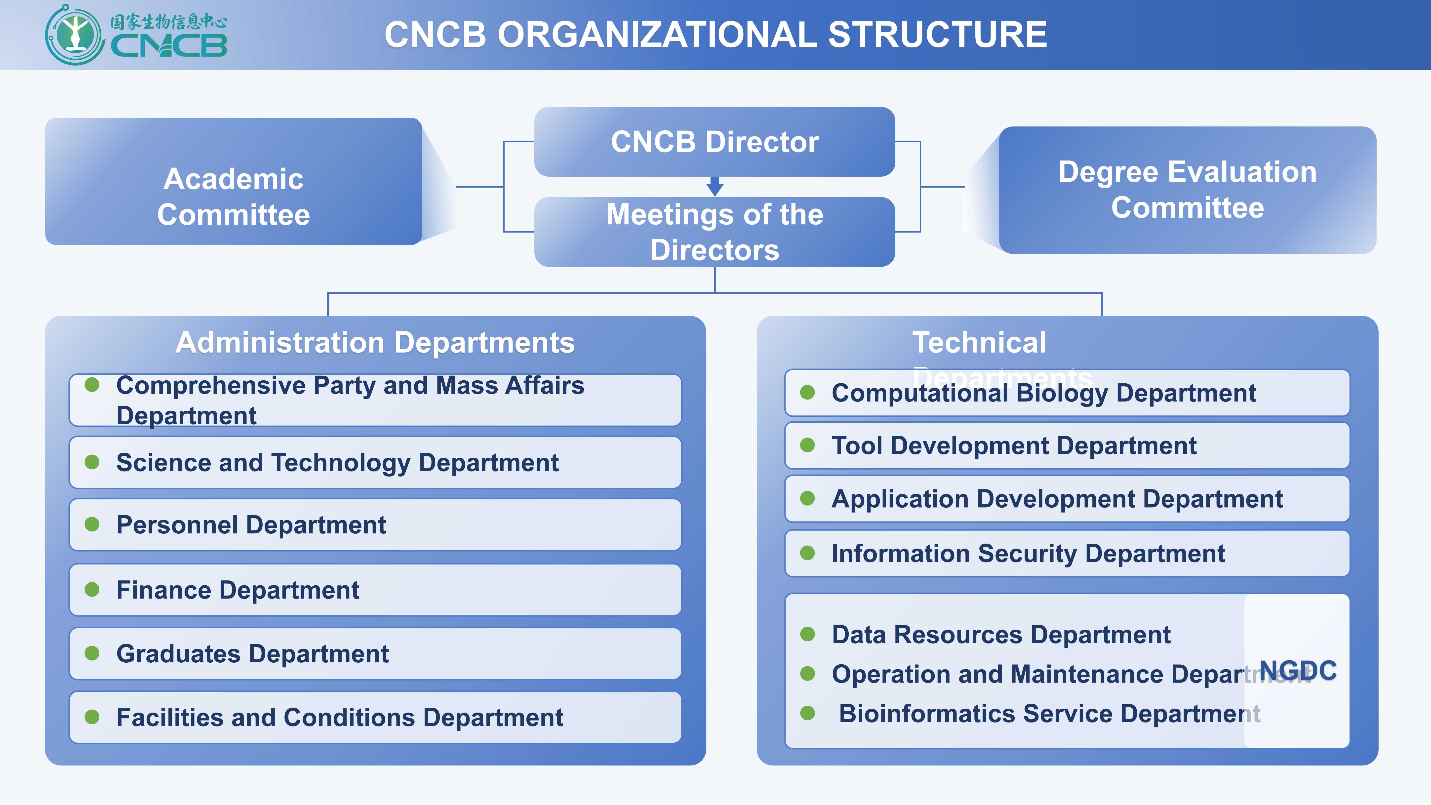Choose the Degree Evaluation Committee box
click(x=1187, y=190)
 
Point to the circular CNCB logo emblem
click(x=75, y=35)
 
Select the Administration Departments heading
click(x=375, y=342)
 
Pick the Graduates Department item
click(x=252, y=654)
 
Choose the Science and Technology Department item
click(x=337, y=463)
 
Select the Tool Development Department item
click(x=1014, y=445)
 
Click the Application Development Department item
click(x=1057, y=499)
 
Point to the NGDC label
click(x=1298, y=671)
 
